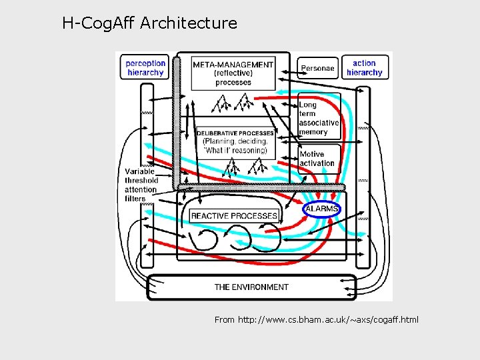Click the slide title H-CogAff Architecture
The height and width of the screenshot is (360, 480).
[x=149, y=23]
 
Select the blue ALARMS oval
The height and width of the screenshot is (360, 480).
[x=322, y=209]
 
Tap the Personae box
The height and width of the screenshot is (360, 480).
[x=317, y=68]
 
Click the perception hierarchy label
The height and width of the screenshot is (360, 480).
[x=145, y=68]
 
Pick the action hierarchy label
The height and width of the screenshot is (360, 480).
[x=364, y=68]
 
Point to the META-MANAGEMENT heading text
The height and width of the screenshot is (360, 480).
[x=233, y=65]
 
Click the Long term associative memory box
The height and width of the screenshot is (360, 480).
[x=319, y=118]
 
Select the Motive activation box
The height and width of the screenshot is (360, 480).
[x=317, y=159]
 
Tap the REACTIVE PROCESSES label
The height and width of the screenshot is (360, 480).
[x=234, y=216]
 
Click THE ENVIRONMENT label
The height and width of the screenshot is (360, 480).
[x=251, y=287]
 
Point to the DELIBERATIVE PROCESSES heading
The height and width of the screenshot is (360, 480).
[x=235, y=133]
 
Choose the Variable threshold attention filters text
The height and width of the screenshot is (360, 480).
[x=141, y=185]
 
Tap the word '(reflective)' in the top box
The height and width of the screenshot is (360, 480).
[x=233, y=73]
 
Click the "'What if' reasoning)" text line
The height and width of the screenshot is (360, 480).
[x=236, y=151]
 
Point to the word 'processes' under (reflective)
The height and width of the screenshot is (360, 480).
[x=233, y=82]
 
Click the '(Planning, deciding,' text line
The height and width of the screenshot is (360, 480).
[x=235, y=142]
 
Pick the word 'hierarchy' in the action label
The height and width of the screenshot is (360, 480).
[x=364, y=73]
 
